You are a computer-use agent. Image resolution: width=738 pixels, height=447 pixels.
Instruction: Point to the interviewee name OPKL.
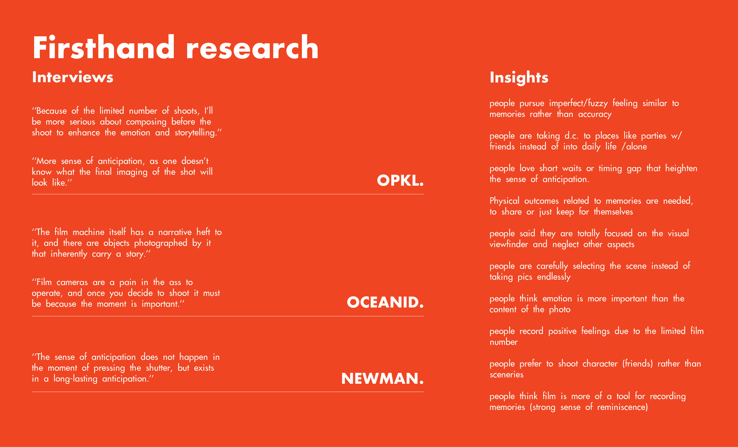pos(400,180)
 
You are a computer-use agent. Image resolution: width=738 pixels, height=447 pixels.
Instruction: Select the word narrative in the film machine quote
pos(175,232)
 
